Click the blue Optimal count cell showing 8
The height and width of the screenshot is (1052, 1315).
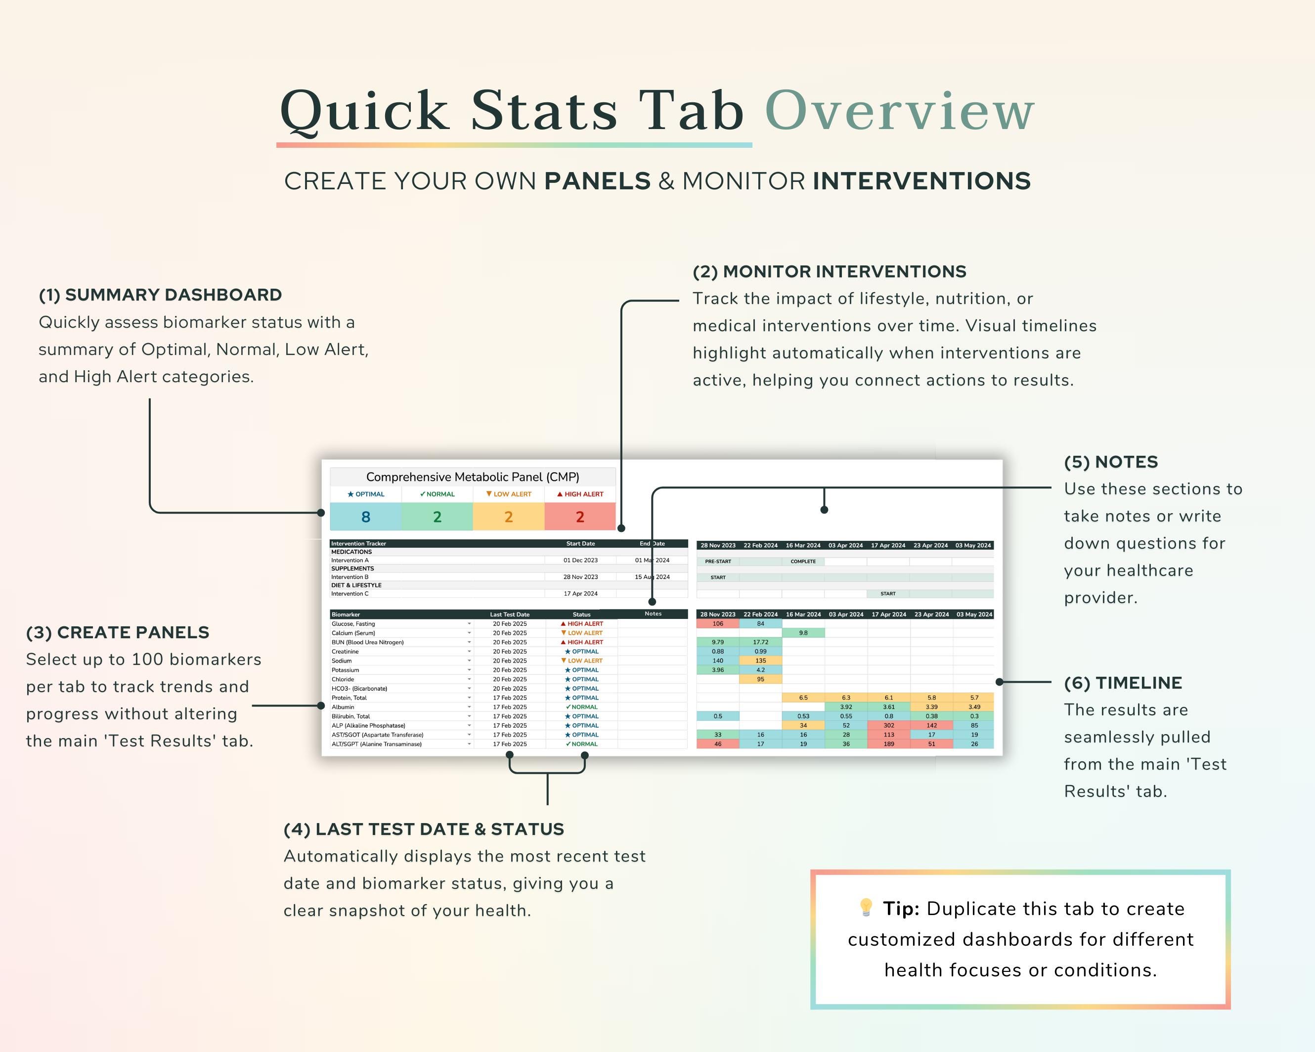coord(365,517)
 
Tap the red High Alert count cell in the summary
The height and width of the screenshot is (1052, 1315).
coord(579,517)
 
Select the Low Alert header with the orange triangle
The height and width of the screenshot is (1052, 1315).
coord(509,494)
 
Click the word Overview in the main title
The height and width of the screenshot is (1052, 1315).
coord(899,111)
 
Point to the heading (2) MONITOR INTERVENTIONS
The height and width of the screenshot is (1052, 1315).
coord(829,271)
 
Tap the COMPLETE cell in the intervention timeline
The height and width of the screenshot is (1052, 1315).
coord(803,561)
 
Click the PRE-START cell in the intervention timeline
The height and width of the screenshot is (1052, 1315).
coord(717,561)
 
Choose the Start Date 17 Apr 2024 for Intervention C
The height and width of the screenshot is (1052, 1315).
coord(580,593)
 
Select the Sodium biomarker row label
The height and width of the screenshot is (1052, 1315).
coord(342,660)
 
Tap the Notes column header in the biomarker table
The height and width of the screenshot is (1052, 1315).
coord(653,614)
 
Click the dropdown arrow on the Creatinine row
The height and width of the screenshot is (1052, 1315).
coord(469,652)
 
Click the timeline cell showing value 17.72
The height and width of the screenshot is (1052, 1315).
coord(760,642)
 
